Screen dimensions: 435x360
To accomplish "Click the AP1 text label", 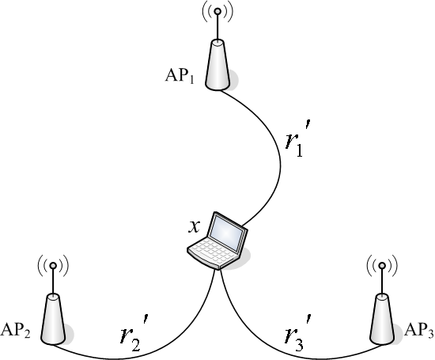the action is coord(180,76).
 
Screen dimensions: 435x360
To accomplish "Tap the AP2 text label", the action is coord(16,331).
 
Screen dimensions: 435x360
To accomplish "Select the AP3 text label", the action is coord(418,331).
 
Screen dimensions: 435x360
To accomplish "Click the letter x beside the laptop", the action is coord(195,226).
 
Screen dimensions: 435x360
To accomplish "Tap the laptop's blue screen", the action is coord(226,232).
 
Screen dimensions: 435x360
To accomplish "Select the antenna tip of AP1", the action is coord(217,11).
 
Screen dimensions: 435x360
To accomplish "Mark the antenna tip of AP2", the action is coord(53,266).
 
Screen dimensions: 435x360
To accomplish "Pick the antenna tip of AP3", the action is coord(382,266).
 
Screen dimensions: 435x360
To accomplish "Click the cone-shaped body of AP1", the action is coord(217,65).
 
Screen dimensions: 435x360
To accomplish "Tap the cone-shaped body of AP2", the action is coord(53,319).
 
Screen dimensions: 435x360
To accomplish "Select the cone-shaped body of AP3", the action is coord(382,319).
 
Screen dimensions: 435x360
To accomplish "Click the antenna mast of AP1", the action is coord(217,27).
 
